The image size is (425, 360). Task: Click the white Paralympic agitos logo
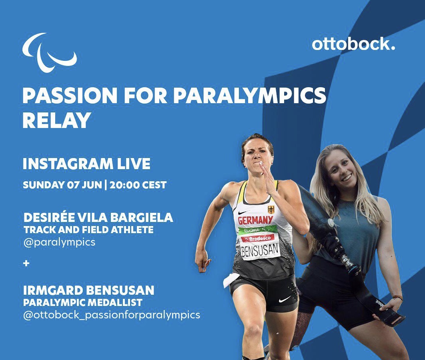49,52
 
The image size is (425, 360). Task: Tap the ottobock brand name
353,44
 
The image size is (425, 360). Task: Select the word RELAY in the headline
56,120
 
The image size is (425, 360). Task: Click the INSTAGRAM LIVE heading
86,164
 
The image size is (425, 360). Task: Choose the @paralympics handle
59,242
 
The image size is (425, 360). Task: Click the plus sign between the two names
26,264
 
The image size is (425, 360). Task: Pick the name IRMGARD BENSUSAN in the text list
88,290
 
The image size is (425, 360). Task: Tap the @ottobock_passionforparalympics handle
112,315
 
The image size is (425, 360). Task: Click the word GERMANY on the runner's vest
255,220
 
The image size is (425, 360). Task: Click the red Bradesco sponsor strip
257,238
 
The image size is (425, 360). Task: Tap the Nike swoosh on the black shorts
285,299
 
